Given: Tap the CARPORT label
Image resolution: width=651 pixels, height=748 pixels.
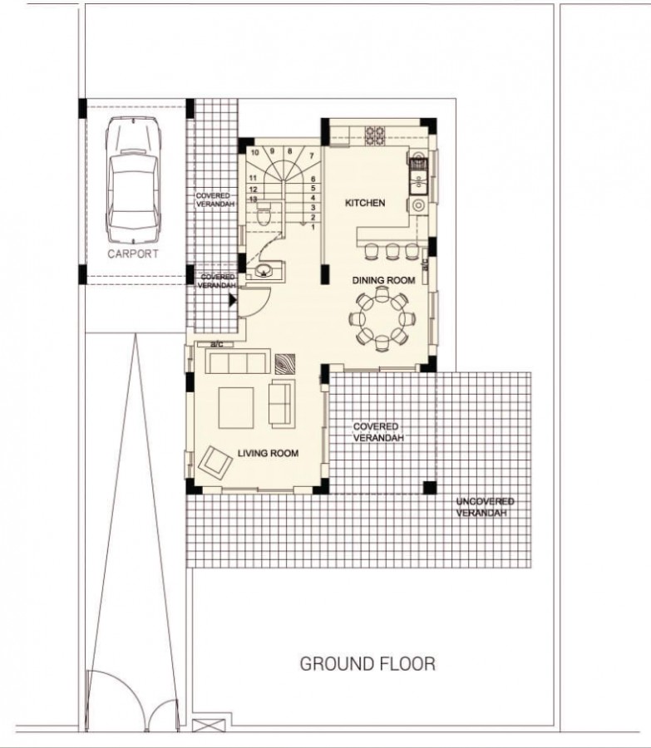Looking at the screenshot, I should coord(132,254).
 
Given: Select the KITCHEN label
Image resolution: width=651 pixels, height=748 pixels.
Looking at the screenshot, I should coord(365,203).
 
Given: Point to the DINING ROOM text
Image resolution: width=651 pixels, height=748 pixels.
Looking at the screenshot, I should coord(383,281).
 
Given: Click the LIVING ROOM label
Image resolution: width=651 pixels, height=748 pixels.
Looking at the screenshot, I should coord(268,453).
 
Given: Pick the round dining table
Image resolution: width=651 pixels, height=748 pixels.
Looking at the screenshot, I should coord(382,317).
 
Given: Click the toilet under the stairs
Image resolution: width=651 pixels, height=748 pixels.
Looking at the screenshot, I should coord(264,218).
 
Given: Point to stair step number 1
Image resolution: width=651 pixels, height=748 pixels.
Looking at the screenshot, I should coord(313,227).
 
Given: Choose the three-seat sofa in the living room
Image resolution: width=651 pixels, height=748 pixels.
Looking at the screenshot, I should coord(237,362).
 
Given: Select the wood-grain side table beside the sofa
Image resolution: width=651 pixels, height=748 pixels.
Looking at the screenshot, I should coord(285,363).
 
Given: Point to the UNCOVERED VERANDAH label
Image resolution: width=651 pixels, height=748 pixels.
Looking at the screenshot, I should coord(485,508).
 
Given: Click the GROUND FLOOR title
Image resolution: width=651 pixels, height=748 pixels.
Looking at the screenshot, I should coord(367,664).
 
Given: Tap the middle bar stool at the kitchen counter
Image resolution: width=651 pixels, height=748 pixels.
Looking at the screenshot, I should coord(393,250).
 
